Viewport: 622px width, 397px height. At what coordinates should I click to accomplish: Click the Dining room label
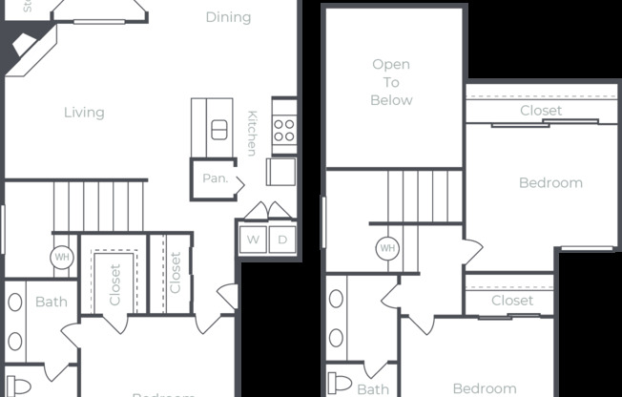click(229, 17)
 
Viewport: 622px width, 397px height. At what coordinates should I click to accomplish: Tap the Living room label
click(84, 113)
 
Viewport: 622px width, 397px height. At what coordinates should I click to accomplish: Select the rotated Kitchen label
click(252, 133)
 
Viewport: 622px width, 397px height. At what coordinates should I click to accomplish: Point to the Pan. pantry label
click(214, 178)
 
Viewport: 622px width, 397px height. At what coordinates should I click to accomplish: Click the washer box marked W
click(254, 240)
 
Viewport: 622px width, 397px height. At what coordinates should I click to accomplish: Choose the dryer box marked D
click(282, 240)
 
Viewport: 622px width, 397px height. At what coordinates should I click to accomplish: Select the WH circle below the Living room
click(62, 258)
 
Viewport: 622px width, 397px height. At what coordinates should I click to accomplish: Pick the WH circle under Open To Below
click(387, 248)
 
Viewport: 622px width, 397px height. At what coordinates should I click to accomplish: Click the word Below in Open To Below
click(391, 100)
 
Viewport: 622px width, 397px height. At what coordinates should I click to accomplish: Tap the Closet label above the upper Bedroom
click(541, 111)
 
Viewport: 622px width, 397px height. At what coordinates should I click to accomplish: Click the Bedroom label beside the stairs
click(550, 183)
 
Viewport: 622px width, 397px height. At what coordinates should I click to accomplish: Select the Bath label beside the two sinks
click(51, 303)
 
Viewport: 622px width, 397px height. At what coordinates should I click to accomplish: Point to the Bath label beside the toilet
click(373, 388)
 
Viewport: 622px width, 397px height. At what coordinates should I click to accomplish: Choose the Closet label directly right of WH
click(115, 283)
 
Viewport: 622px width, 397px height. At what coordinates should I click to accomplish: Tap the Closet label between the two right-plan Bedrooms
click(512, 301)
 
